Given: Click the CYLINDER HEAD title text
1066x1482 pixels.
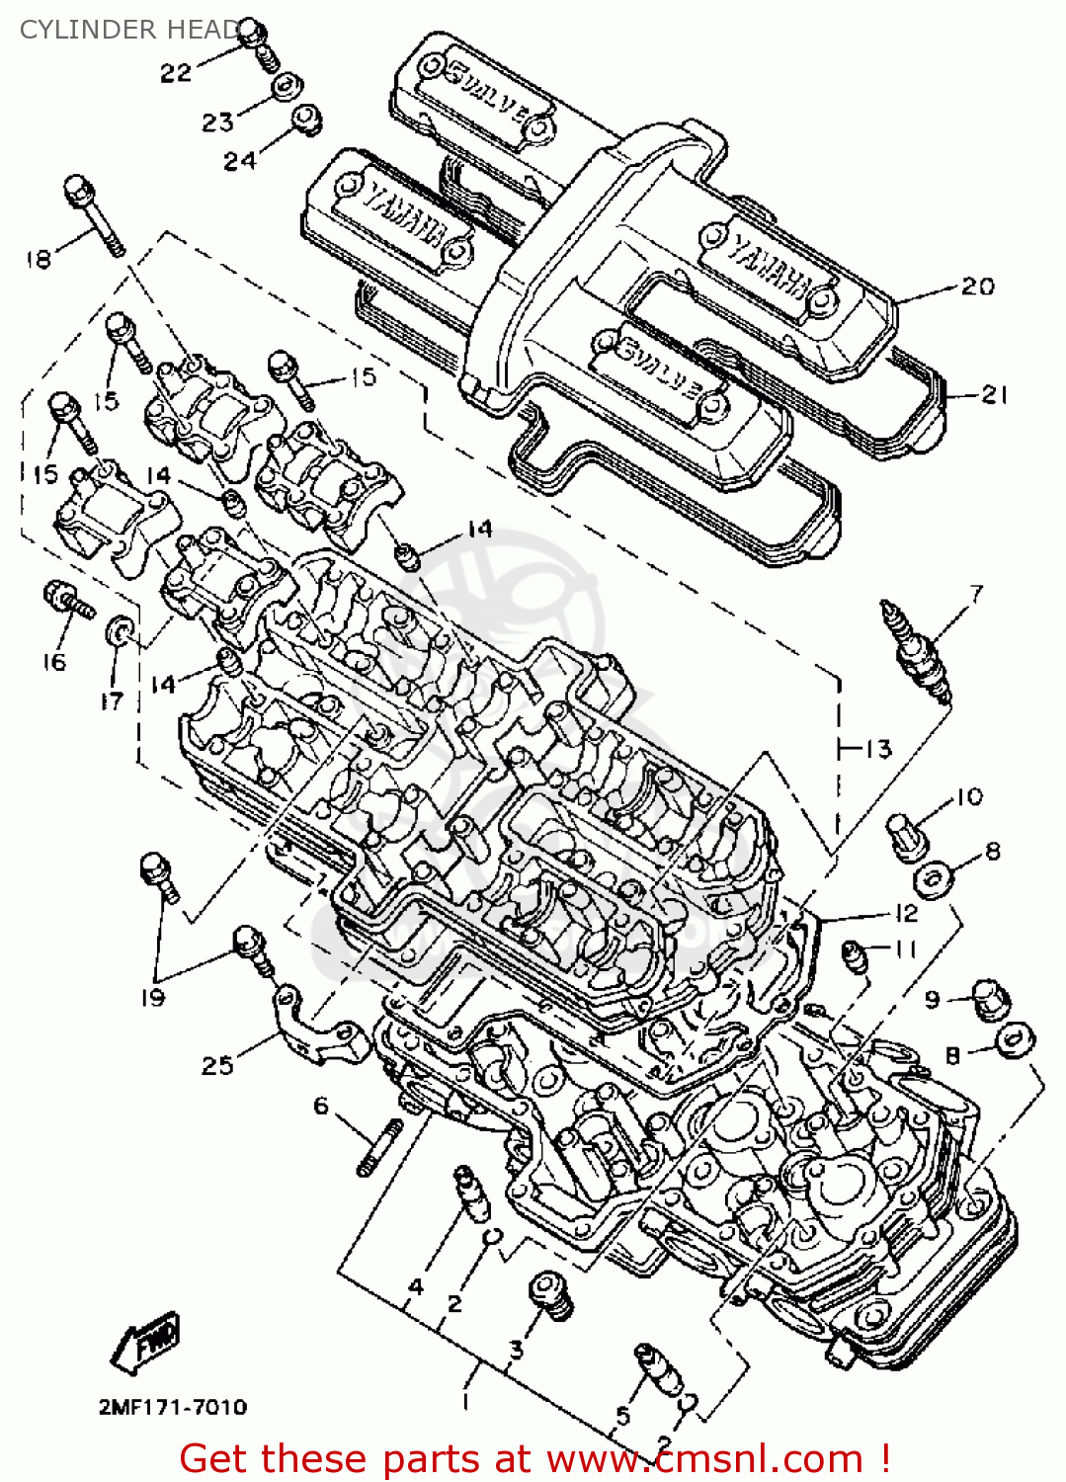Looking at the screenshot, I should pos(128,30).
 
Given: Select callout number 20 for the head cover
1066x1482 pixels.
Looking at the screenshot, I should pos(977,287).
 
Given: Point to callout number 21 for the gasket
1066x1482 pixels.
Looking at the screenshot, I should pos(993,395).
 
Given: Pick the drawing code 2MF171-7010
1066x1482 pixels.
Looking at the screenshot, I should pos(172,1407).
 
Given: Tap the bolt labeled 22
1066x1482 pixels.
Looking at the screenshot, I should pos(258,45).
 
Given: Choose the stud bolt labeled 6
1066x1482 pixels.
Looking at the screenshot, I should pos(379,1147).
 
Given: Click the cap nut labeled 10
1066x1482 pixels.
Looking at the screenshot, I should pos(906,835).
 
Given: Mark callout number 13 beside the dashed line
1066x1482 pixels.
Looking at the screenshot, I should pos(876,749).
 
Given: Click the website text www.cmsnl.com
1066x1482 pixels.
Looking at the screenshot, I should pos(705,1458).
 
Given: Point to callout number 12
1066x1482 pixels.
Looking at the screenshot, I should pos(905,913).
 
